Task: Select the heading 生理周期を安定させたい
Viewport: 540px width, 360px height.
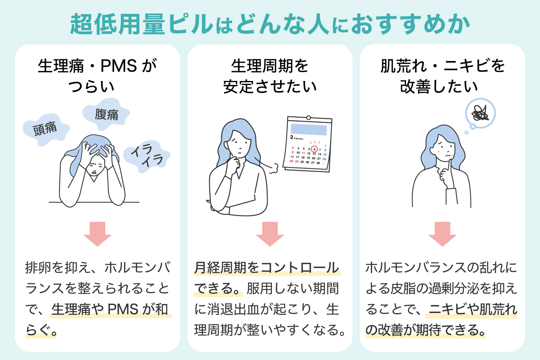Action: click(270, 76)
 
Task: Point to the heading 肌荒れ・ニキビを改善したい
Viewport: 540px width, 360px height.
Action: click(442, 76)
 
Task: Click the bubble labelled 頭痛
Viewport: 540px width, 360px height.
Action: click(45, 129)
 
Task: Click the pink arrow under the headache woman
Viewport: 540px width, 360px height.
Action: click(97, 234)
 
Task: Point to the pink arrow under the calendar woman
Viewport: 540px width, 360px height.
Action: click(270, 234)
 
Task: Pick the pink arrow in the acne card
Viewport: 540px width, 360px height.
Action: click(442, 234)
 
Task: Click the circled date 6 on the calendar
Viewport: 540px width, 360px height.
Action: click(314, 149)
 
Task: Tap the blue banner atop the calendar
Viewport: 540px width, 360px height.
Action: click(309, 129)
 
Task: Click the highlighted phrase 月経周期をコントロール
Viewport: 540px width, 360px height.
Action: click(267, 268)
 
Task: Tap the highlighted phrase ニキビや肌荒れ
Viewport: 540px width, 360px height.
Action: click(473, 310)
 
